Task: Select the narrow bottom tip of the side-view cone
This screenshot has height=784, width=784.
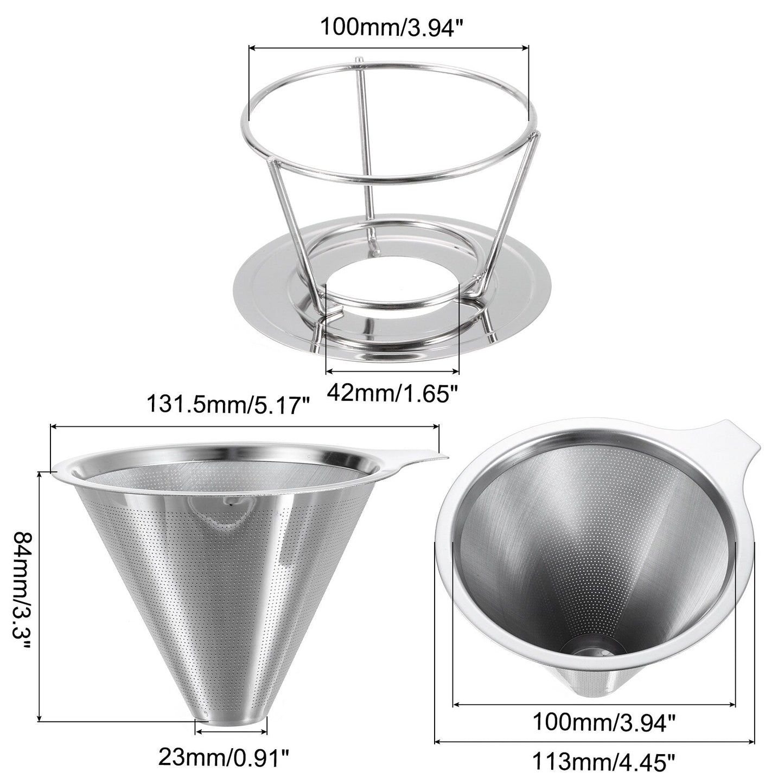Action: [231, 691]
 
